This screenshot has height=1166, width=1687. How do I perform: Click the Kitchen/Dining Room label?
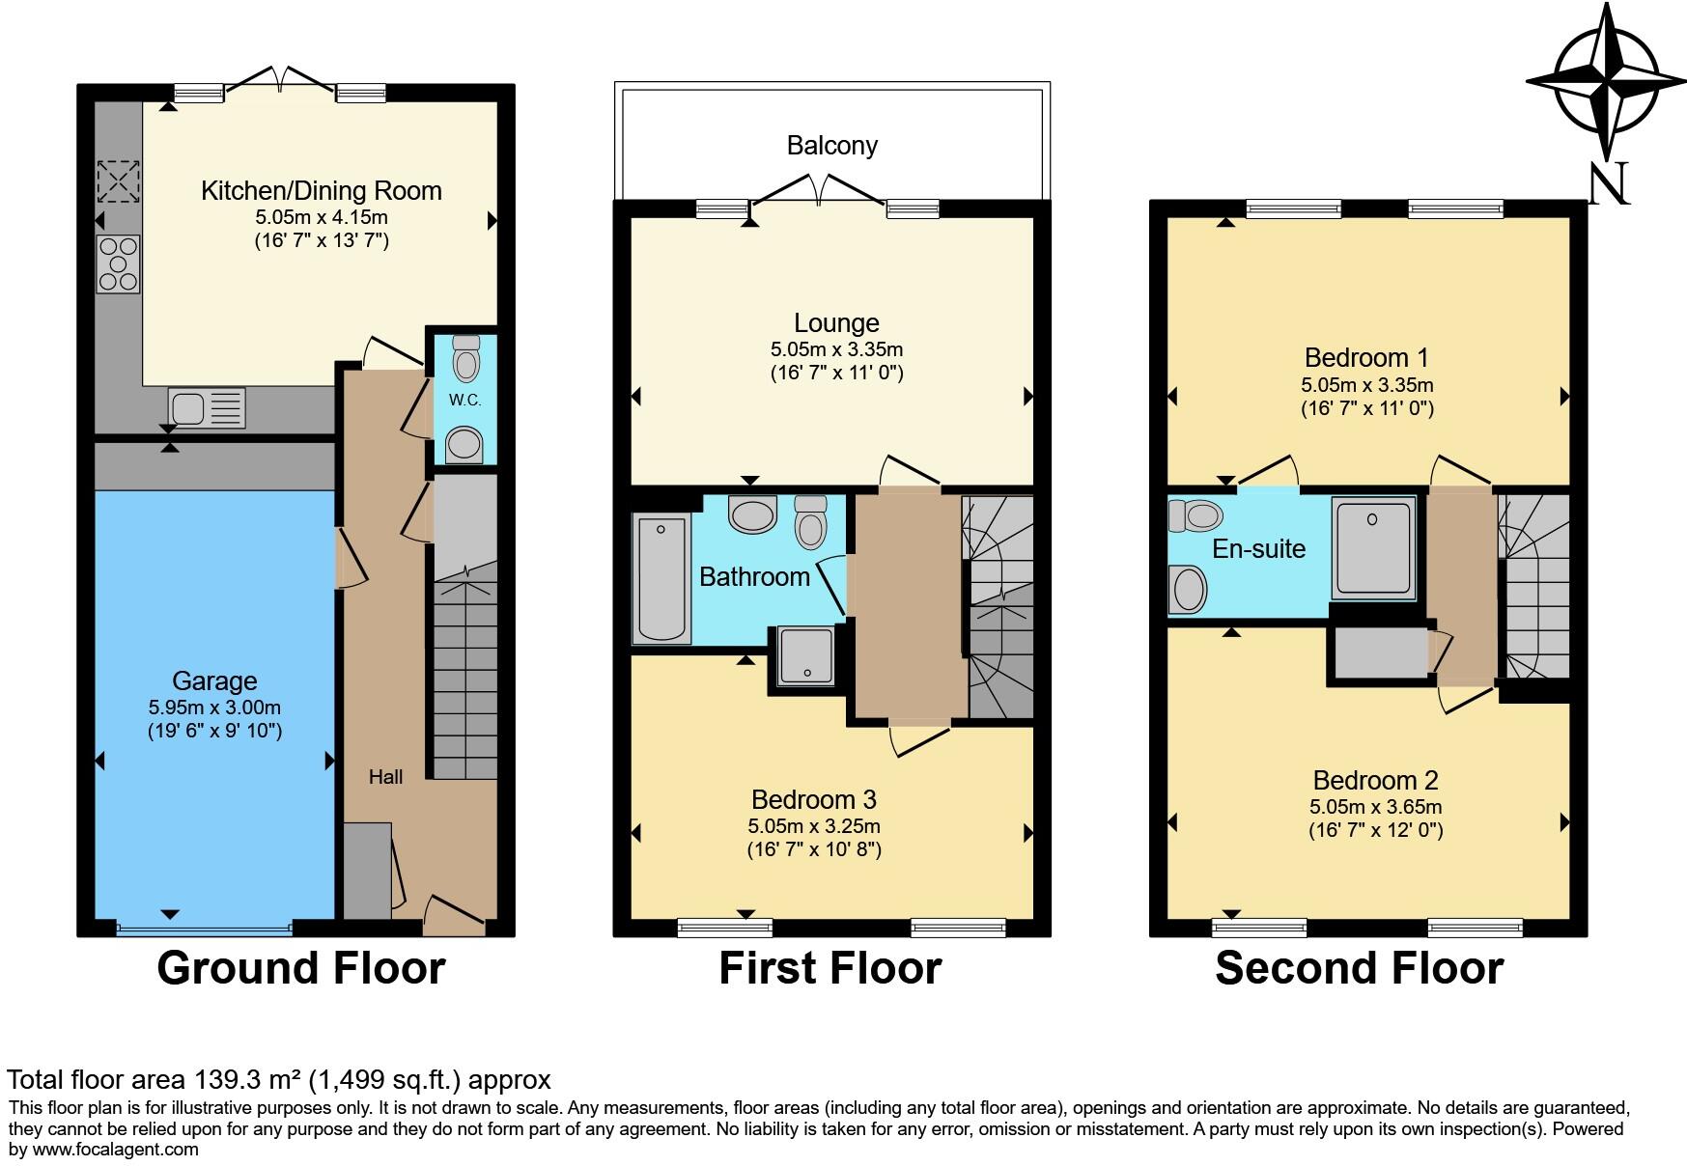(321, 190)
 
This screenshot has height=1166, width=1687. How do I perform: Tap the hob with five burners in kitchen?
(118, 264)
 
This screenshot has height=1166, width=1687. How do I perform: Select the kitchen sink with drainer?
(206, 407)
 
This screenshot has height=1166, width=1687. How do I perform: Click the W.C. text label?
(464, 400)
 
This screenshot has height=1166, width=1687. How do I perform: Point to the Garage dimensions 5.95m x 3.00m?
(214, 708)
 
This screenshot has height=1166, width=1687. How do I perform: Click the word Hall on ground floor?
(385, 777)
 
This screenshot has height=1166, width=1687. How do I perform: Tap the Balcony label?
(831, 146)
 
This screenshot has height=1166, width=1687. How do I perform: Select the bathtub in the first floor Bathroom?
(661, 578)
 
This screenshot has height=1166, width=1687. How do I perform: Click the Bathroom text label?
(754, 577)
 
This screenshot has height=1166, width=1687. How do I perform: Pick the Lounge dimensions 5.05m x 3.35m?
(836, 349)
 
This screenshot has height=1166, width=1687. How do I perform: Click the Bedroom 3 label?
(813, 799)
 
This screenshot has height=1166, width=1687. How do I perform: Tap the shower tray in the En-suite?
(1373, 545)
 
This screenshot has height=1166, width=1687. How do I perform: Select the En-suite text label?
(1258, 549)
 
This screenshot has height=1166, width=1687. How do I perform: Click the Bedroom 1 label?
(1365, 358)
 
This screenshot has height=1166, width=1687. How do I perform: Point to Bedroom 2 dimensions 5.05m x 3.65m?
(1375, 807)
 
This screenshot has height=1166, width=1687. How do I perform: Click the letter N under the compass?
(1609, 183)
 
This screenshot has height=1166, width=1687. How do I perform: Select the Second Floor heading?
(1359, 968)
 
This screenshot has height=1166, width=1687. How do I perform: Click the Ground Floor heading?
(300, 968)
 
